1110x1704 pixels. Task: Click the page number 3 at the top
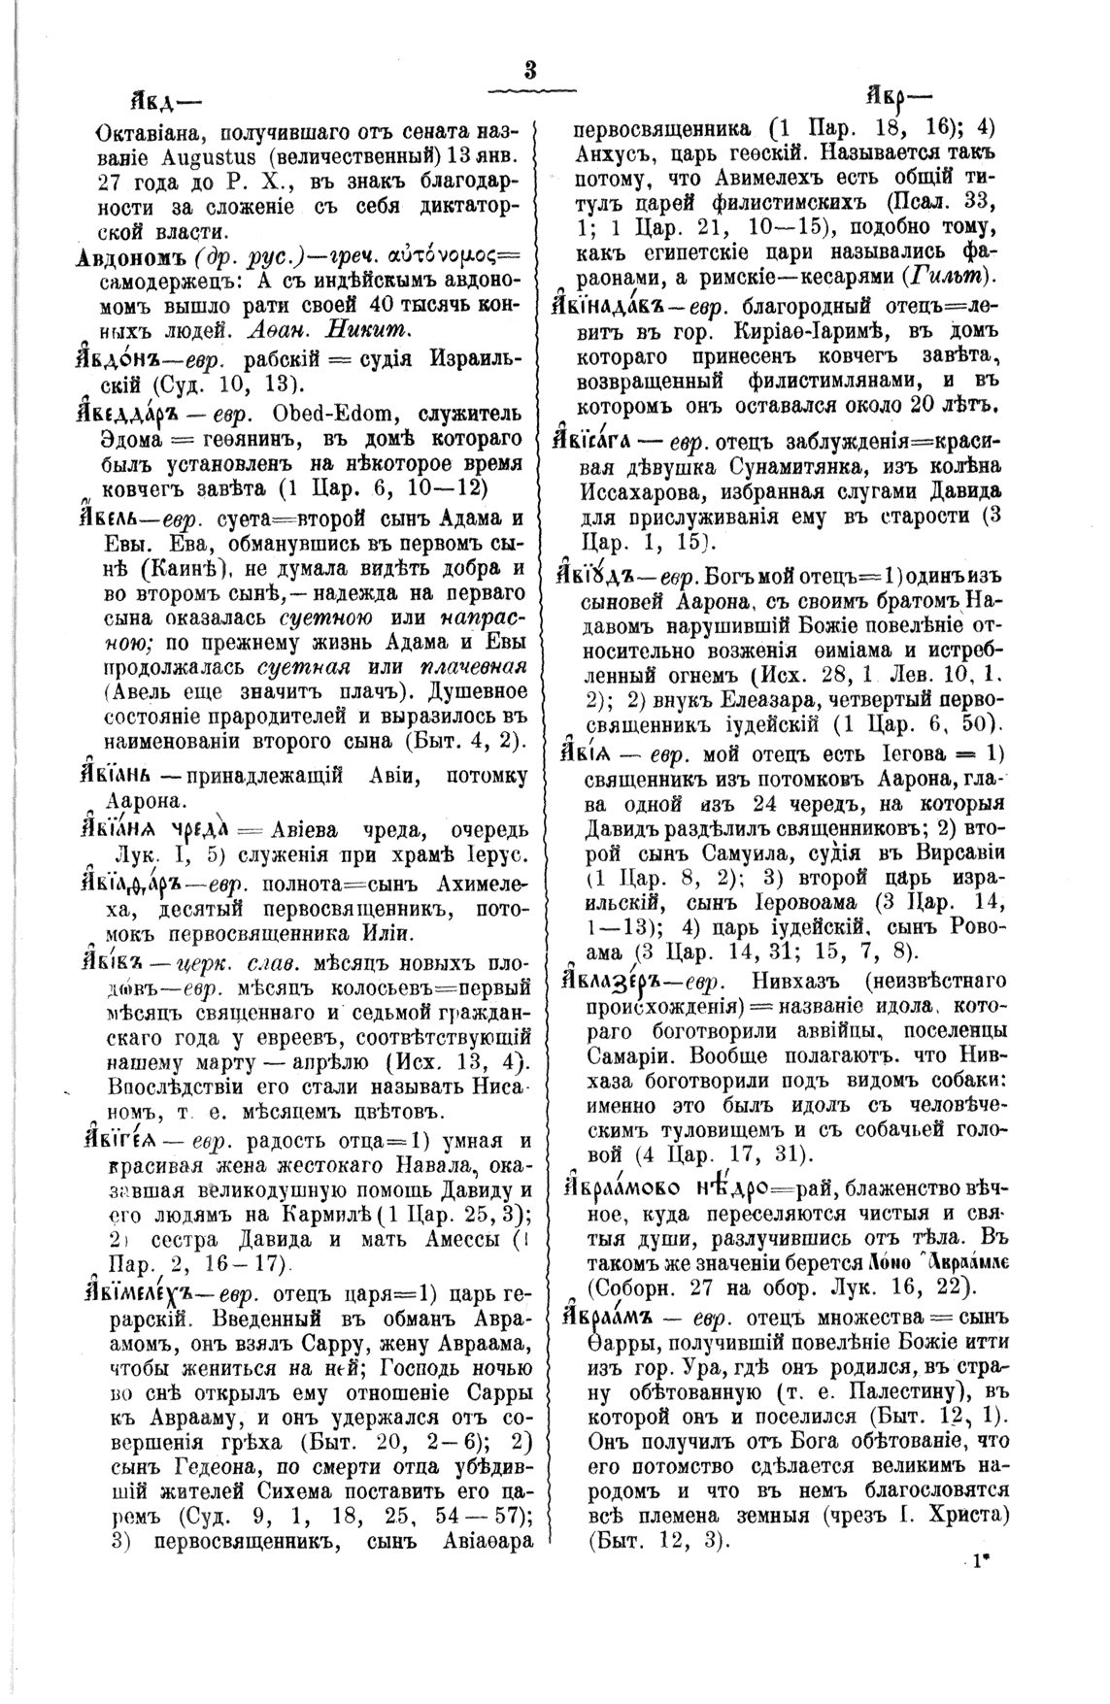point(530,70)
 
